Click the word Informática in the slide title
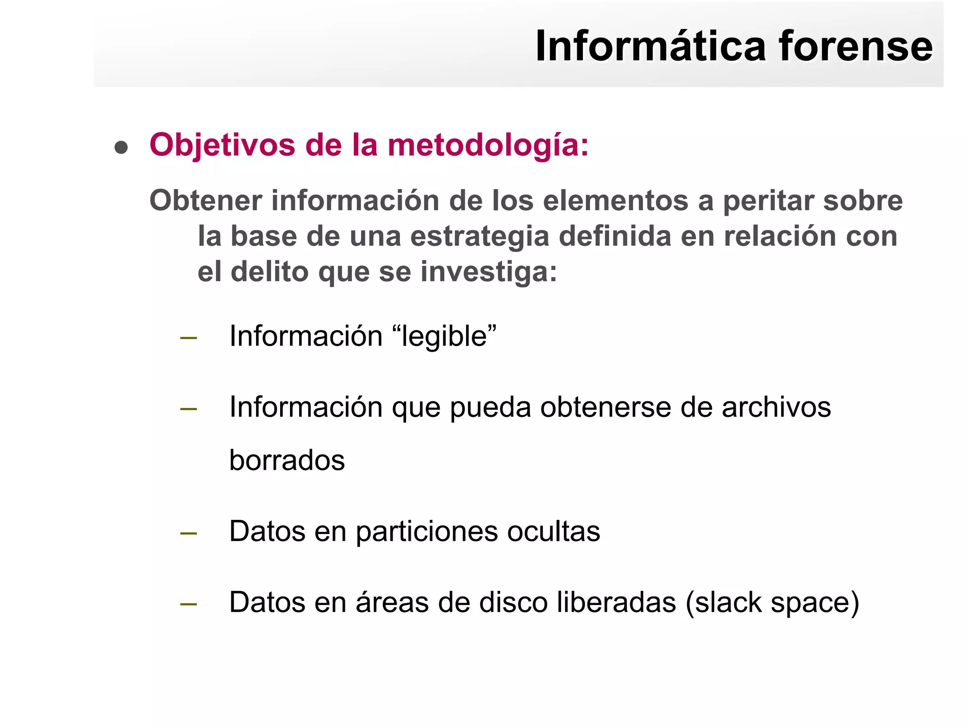coord(651,46)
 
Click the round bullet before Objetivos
coord(121,147)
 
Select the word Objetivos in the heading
coord(222,145)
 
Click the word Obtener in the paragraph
coord(205,200)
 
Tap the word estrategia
coord(479,236)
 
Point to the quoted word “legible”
coord(444,336)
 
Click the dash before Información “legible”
coord(188,338)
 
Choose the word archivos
coord(775,407)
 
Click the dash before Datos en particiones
coord(188,533)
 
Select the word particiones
coord(426,532)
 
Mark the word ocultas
coord(553,531)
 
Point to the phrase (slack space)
coord(772,603)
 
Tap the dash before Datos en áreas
coord(188,604)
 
